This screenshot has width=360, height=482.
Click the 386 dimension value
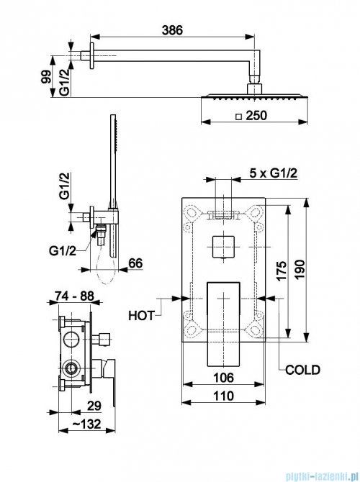tap(172, 30)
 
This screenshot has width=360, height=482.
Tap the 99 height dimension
tap(46, 76)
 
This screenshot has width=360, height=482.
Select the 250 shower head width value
tap(256, 116)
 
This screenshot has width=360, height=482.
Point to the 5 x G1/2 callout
tap(273, 173)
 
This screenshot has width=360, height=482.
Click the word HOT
tap(141, 316)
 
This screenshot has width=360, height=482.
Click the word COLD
tap(302, 370)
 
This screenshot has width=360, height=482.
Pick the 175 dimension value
tap(282, 270)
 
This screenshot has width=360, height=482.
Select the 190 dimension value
tap(300, 269)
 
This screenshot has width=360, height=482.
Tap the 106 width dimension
tap(223, 378)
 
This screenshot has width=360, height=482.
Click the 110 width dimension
tap(223, 396)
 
